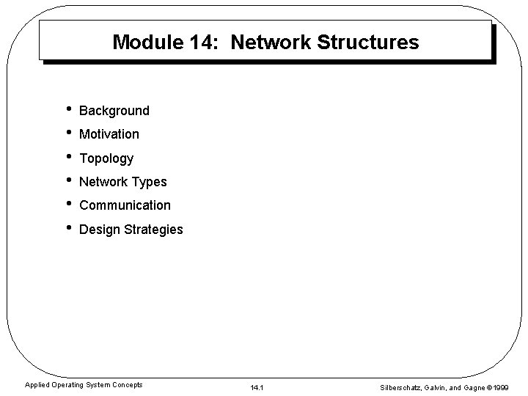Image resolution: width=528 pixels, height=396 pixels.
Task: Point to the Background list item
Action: (x=114, y=111)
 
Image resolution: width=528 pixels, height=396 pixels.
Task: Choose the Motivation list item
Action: (x=109, y=134)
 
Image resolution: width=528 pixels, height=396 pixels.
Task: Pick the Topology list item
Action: (x=106, y=158)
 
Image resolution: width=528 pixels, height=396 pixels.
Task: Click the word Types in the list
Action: (x=149, y=182)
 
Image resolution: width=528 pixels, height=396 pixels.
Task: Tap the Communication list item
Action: (x=125, y=205)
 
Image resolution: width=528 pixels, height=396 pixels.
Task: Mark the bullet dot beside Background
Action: (x=67, y=110)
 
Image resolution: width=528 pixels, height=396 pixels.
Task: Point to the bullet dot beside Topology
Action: (x=67, y=157)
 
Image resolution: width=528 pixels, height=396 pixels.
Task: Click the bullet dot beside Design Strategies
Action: (x=67, y=228)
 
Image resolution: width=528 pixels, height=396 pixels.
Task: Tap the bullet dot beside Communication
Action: (x=67, y=205)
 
